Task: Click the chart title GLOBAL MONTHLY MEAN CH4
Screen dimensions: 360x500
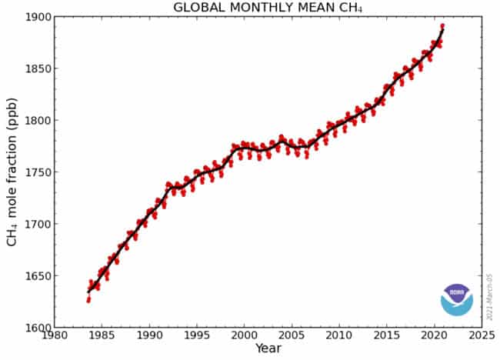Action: [268, 8]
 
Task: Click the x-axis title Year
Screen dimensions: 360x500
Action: [268, 348]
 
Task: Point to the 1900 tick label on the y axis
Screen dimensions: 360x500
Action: [37, 17]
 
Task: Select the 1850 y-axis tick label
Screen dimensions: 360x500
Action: [37, 68]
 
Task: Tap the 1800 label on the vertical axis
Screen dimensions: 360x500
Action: [37, 121]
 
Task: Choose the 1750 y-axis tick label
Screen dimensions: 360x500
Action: [37, 172]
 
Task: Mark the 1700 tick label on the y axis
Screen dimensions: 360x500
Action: [37, 225]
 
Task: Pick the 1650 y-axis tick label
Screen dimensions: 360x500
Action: [37, 276]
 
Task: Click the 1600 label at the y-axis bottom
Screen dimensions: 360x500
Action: [37, 328]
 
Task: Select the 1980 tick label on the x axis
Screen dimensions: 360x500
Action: [54, 336]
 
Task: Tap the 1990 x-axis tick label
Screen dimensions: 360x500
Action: [149, 336]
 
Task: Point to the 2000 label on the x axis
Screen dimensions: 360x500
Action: [244, 336]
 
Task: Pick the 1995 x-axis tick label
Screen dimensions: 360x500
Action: [196, 336]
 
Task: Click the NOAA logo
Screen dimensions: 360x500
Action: [457, 298]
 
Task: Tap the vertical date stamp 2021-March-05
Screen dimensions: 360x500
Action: [489, 296]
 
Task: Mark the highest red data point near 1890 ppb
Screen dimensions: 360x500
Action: [442, 26]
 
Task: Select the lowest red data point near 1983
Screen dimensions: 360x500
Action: [88, 301]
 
